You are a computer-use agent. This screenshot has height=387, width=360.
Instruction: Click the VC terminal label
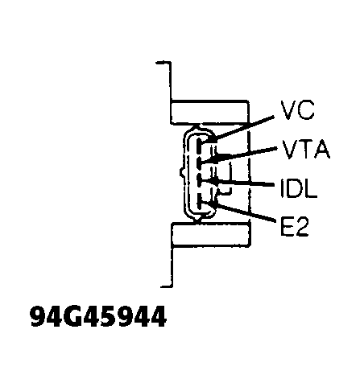point(297,110)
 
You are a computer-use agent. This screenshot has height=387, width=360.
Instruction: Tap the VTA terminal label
point(306,149)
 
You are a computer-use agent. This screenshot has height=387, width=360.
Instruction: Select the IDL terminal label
point(299,188)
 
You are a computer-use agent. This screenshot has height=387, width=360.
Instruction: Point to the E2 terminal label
point(295,227)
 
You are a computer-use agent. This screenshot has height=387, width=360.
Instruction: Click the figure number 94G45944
point(98,316)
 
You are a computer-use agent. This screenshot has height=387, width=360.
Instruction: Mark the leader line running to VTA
point(245,155)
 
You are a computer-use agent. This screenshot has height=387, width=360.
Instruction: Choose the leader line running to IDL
point(243,183)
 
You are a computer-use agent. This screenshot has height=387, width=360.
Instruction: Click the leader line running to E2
point(244,212)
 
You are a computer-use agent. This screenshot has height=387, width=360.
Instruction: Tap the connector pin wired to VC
point(199,145)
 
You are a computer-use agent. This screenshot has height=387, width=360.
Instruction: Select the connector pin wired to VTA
point(199,164)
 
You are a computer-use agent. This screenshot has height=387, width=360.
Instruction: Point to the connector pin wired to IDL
point(199,182)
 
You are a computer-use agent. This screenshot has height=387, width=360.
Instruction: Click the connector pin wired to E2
point(199,202)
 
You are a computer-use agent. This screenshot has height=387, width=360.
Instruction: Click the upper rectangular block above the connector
point(210,113)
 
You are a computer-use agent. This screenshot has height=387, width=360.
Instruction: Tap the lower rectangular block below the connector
point(210,235)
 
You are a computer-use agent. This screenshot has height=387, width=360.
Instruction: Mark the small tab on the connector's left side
point(182,172)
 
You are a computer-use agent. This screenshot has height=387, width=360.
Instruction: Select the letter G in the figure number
point(72,316)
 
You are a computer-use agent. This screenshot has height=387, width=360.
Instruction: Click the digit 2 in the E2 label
point(302,227)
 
